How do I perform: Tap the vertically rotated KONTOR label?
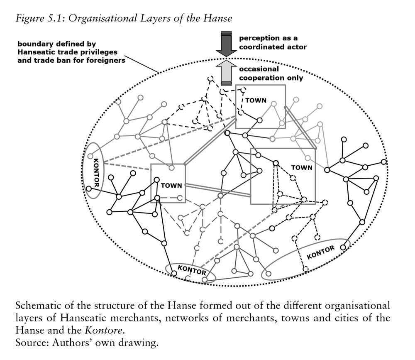pos(96,173)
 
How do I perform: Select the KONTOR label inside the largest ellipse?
pos(320,252)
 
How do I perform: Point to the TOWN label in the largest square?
pos(302,168)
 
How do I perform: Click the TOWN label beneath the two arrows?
pos(256,100)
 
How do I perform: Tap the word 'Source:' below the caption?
pos(32,343)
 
